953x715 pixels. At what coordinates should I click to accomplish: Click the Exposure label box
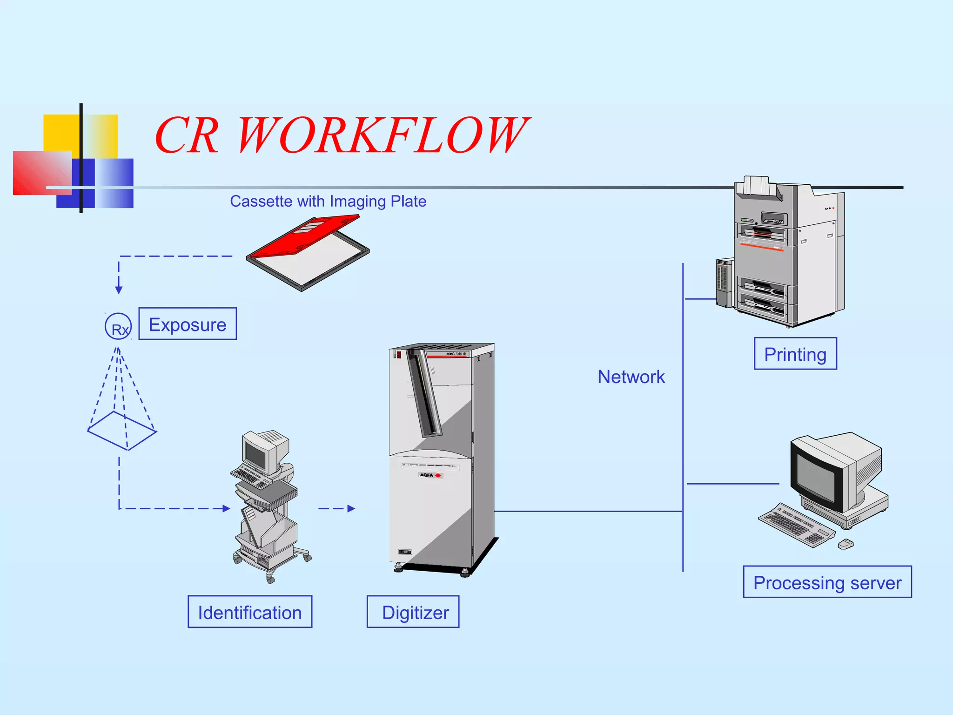click(x=188, y=324)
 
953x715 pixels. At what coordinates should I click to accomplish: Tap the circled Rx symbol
click(x=118, y=326)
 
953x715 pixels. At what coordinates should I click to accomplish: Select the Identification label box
click(x=250, y=612)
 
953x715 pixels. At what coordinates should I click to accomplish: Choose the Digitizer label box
click(x=413, y=612)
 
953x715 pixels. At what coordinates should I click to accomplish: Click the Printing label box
click(x=795, y=354)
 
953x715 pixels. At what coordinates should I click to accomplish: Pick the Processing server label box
click(x=827, y=582)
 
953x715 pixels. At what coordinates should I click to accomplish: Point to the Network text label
click(x=631, y=377)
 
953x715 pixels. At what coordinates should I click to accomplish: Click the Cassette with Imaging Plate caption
click(x=328, y=201)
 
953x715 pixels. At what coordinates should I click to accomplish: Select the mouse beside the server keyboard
click(x=846, y=544)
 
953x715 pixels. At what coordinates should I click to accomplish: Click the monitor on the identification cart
click(x=256, y=453)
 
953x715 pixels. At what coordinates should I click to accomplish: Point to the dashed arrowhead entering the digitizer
click(x=351, y=508)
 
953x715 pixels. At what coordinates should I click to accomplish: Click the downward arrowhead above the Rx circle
click(x=119, y=290)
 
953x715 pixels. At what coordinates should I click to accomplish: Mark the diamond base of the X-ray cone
click(x=122, y=431)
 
